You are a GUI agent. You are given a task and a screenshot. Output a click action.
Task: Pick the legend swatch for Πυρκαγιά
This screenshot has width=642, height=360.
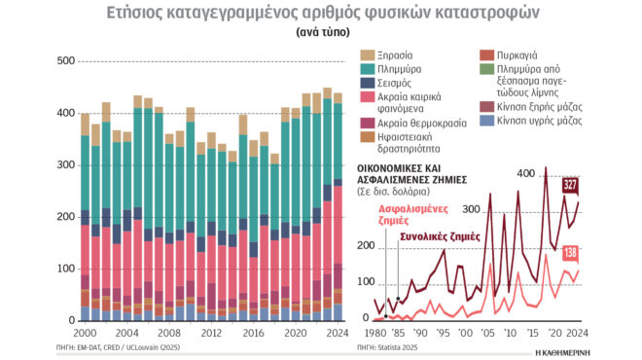coord(487,55)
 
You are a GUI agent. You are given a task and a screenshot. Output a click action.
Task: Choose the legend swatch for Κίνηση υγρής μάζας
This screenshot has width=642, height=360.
coord(487,120)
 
